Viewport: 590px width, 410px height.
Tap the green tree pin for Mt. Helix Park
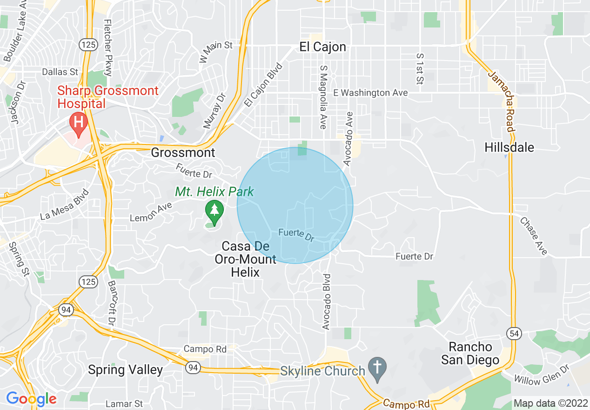214,211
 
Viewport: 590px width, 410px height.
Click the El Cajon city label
322,47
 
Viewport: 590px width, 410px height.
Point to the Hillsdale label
509,148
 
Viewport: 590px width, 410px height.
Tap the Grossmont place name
183,152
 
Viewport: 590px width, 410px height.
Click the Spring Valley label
125,370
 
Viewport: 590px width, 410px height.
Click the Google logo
31,398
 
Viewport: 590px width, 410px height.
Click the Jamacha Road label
500,102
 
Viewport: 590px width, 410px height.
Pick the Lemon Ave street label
151,212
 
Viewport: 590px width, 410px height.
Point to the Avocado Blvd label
327,302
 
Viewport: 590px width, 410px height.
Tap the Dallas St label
60,72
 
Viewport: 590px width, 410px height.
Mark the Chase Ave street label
534,237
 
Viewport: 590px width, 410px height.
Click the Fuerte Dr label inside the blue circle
296,234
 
